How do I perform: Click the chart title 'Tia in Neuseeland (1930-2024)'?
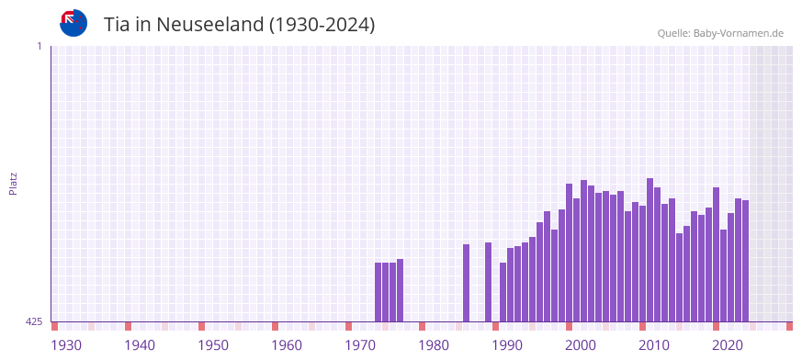(x=239, y=25)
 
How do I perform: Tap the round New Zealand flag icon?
(x=73, y=23)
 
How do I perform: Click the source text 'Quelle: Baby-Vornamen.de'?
(x=719, y=33)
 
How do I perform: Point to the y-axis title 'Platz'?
(x=13, y=183)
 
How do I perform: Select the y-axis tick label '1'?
(x=39, y=46)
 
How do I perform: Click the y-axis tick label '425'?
(x=34, y=321)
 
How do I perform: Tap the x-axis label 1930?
(x=66, y=345)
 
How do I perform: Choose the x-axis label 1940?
(x=140, y=345)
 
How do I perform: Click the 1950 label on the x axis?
(x=213, y=345)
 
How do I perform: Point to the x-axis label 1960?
(x=287, y=345)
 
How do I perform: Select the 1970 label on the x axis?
(x=360, y=345)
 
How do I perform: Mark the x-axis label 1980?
(x=434, y=345)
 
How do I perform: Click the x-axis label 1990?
(x=507, y=345)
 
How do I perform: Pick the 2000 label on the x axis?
(x=581, y=345)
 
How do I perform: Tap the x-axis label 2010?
(x=654, y=345)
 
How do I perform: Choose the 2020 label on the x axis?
(x=728, y=345)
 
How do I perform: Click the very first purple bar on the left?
(x=378, y=292)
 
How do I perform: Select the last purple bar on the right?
(x=746, y=261)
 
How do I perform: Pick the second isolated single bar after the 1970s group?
(x=489, y=282)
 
